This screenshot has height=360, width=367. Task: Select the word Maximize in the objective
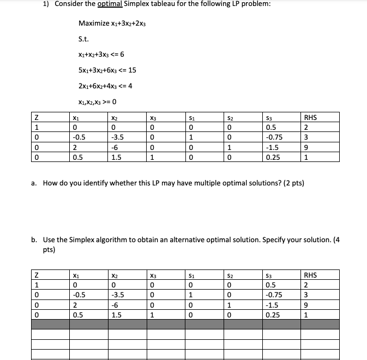[94, 23]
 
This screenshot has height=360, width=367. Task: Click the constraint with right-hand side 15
[107, 70]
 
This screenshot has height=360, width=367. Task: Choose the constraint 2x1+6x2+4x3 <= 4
[105, 86]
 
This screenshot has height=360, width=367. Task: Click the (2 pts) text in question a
[293, 183]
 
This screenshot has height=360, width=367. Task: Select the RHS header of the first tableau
[311, 117]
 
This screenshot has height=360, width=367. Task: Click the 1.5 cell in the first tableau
[116, 157]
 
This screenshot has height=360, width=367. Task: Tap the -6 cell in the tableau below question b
[115, 304]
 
